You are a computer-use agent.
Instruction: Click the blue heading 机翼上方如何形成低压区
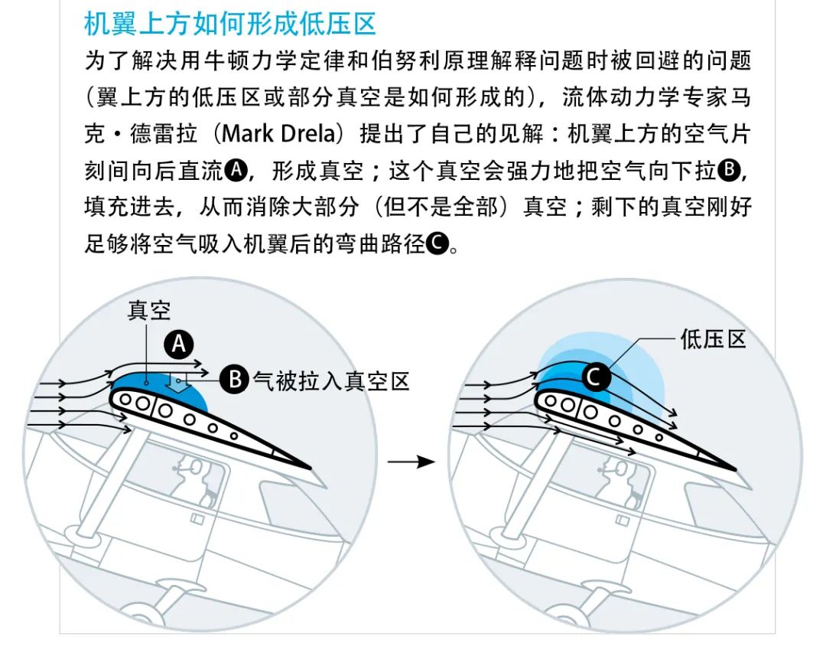click(229, 24)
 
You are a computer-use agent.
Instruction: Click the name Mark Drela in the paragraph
click(278, 133)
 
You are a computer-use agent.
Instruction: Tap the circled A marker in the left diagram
click(179, 346)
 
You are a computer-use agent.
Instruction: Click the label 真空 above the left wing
click(149, 310)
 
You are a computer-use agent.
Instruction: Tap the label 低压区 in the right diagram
click(713, 338)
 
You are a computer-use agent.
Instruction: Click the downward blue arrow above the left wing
click(178, 384)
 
